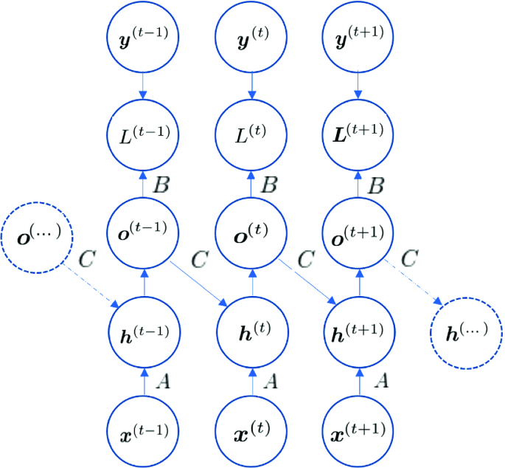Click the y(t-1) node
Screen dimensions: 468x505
144,38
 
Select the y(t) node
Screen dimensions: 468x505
252,38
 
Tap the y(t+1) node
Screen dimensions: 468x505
359,38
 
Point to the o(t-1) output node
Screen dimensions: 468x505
144,230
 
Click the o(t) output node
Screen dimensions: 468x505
252,230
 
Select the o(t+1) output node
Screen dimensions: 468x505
359,230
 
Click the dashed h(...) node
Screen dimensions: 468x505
467,333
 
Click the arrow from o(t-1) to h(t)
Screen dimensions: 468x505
198,281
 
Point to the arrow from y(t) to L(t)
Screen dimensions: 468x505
252,86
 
